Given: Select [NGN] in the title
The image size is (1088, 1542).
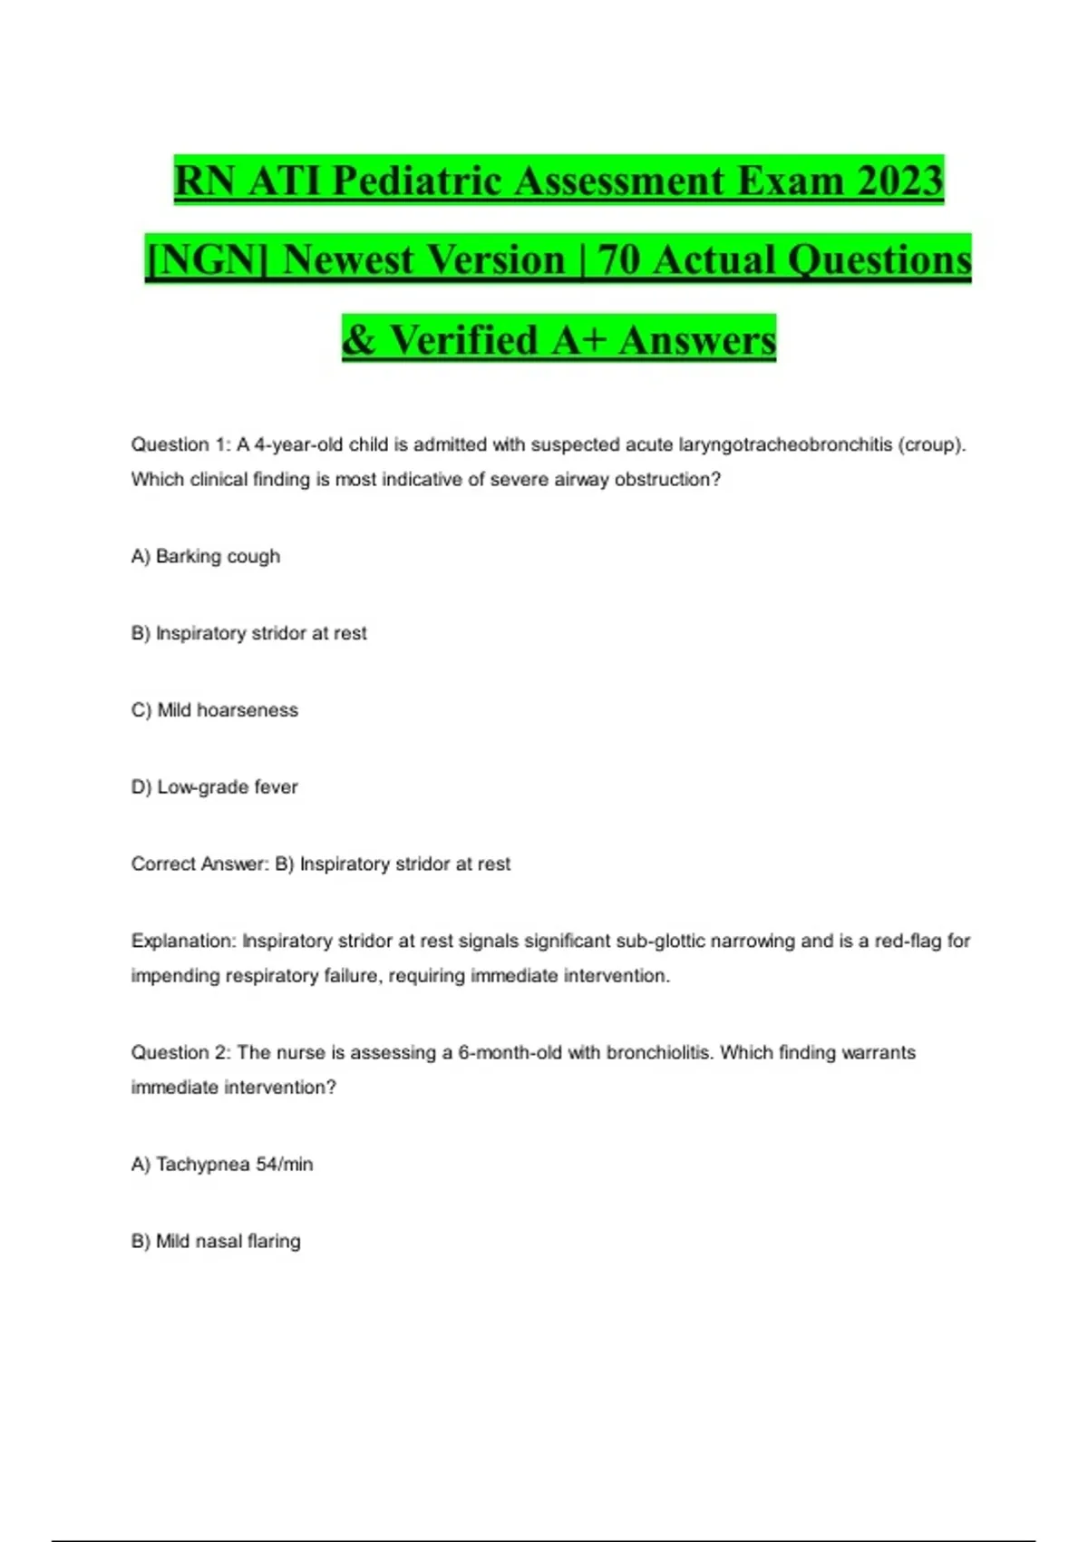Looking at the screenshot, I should [207, 259].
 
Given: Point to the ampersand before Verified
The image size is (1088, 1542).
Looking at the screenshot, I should [359, 340].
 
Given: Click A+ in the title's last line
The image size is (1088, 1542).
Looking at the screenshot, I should [578, 340].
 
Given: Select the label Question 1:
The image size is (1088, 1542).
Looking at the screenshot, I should [181, 444].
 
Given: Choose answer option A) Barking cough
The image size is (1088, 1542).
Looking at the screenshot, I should [206, 556].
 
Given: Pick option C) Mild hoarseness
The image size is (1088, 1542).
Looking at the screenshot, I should [215, 710].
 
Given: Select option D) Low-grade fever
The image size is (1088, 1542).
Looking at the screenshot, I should [215, 787].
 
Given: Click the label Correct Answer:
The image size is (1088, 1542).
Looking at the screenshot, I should [199, 864].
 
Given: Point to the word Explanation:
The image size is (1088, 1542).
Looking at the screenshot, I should [184, 942].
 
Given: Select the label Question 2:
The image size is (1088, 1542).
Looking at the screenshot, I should [181, 1053].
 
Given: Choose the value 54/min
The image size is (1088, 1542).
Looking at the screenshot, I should [284, 1165].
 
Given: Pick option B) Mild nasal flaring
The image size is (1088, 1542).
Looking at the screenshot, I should [216, 1242].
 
